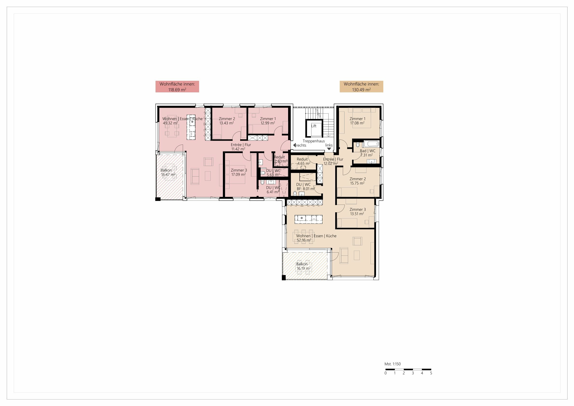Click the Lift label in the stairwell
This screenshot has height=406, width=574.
[x=314, y=126]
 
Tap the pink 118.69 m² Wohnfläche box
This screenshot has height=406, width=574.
[x=177, y=87]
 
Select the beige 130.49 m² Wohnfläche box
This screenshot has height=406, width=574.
[x=361, y=87]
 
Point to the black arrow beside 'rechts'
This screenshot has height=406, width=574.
[x=294, y=145]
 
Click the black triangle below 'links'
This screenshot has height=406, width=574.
[x=329, y=149]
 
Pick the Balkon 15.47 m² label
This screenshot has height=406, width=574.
[x=167, y=172]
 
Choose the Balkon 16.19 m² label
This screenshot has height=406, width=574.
[x=303, y=266]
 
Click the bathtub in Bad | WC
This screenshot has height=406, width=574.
[x=371, y=144]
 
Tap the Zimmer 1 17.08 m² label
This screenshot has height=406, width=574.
[x=357, y=121]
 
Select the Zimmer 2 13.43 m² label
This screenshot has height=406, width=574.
[x=227, y=121]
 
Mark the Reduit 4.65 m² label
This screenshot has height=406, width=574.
[x=303, y=161]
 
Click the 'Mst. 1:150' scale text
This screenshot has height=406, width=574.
[x=392, y=364]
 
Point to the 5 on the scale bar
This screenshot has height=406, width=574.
[x=431, y=373]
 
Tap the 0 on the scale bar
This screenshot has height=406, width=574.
[x=385, y=373]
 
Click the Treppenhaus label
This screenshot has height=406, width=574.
[x=313, y=141]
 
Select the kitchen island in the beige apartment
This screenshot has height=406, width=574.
[x=309, y=219]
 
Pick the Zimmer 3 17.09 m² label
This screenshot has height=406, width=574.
[x=238, y=172]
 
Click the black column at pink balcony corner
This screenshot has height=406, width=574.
[x=158, y=199]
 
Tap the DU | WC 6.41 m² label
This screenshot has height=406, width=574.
[x=273, y=190]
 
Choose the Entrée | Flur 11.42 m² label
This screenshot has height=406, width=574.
[x=241, y=147]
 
